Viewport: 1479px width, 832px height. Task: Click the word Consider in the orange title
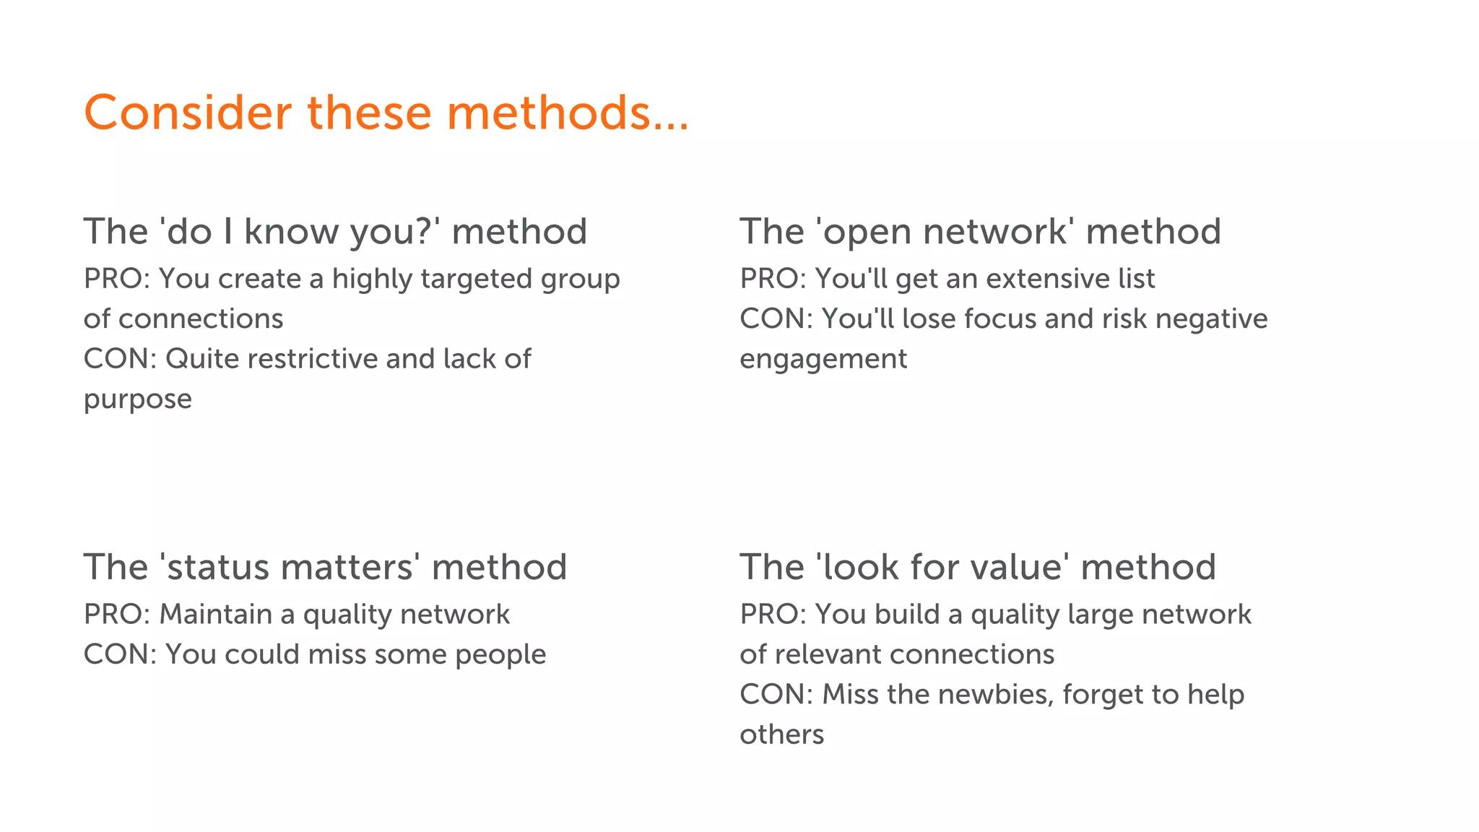click(188, 113)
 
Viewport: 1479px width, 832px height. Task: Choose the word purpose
click(137, 400)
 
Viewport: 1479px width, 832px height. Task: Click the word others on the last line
click(781, 735)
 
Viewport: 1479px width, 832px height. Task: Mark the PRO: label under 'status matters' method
click(116, 615)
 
